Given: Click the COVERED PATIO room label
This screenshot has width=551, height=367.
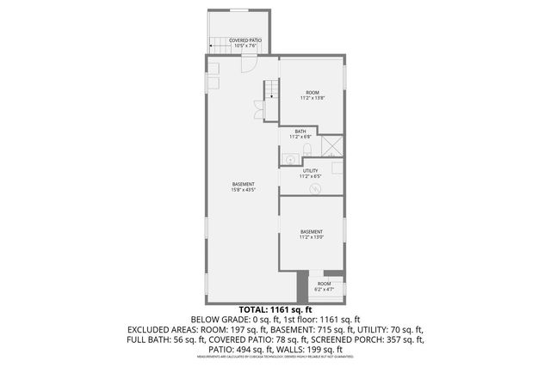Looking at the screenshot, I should [245, 42].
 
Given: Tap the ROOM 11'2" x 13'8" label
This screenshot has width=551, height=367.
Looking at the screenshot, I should [311, 95].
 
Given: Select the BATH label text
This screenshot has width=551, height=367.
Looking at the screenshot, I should [300, 133].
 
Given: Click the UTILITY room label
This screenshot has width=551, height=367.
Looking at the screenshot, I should [310, 174].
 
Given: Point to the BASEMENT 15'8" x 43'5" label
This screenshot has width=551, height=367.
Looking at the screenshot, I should [243, 187].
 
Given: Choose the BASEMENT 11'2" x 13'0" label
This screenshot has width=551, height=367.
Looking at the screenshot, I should [311, 235].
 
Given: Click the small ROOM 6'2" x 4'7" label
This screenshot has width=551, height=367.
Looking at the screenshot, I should [324, 286].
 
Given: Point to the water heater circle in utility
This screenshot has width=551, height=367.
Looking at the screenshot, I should [315, 189].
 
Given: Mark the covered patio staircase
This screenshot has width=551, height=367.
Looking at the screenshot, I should [221, 45].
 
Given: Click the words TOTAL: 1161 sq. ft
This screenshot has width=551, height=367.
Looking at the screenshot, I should [275, 309].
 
